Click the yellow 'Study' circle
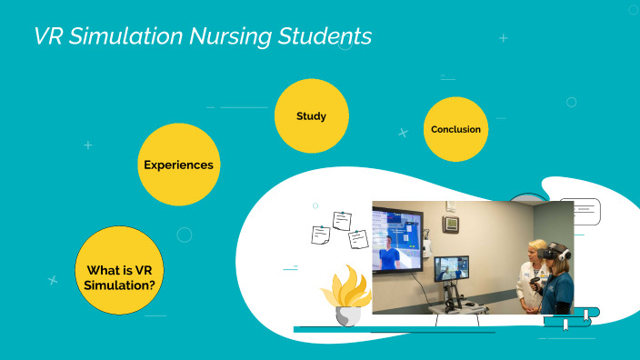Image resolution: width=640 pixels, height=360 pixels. click(311, 116)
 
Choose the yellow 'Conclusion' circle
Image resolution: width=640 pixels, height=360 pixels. click(455, 129)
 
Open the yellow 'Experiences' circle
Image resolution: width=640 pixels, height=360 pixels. click(178, 165)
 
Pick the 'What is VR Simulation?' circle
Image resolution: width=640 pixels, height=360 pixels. click(118, 271)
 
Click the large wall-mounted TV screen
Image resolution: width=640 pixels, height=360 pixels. click(396, 240)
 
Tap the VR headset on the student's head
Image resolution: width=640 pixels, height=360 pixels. click(559, 251)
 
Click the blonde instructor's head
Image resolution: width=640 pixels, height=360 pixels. click(538, 251)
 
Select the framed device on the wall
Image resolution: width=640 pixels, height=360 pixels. click(451, 224)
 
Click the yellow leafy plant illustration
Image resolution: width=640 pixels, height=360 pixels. click(345, 286)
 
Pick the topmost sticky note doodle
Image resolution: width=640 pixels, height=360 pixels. click(342, 220)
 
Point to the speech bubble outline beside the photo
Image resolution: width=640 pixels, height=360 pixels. click(582, 209)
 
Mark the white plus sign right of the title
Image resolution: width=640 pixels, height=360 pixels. click(504, 38)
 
